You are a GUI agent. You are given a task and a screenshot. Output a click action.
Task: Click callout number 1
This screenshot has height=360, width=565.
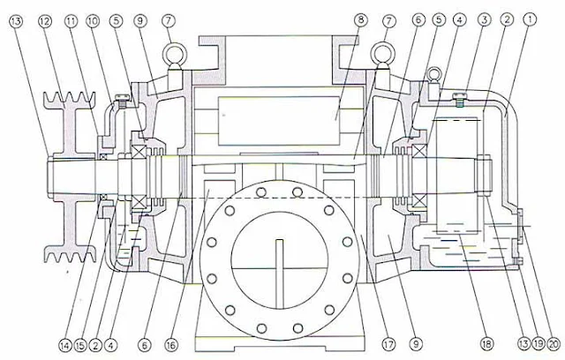pos(530,18)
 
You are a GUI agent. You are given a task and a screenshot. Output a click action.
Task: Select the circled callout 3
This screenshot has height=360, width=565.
pos(484,18)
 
